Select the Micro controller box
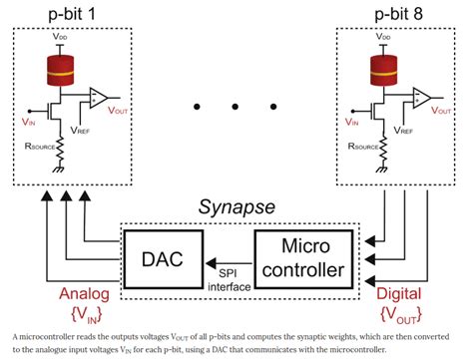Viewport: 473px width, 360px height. (302, 255)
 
